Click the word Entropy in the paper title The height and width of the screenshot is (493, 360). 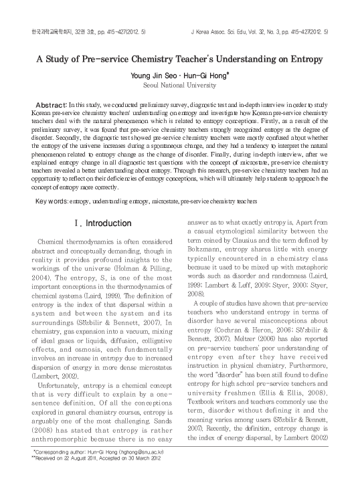pyautogui.click(x=306, y=58)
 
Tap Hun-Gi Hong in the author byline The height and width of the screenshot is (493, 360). pyautogui.click(x=201, y=76)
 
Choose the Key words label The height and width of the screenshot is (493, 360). pyautogui.click(x=50, y=201)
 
